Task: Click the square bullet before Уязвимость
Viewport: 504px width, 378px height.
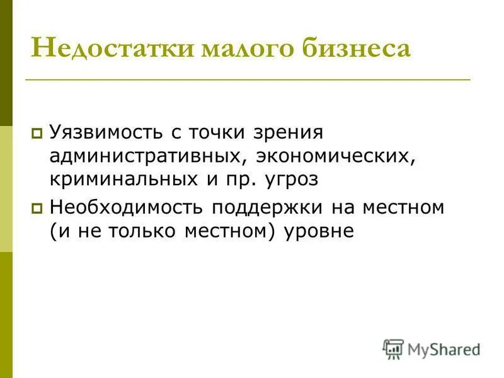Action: coord(37,134)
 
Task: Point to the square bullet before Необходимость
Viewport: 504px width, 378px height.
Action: coord(37,207)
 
